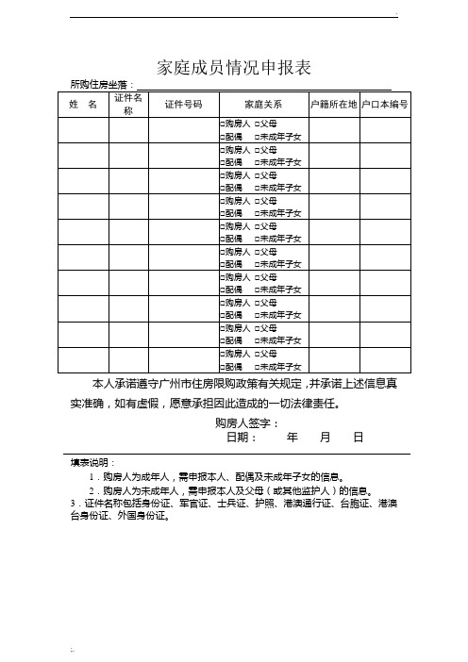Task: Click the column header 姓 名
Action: (x=83, y=104)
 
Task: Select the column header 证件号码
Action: (x=183, y=104)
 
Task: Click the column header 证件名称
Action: (x=128, y=104)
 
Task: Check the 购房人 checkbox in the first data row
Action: (x=222, y=124)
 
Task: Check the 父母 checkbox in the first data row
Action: (x=256, y=124)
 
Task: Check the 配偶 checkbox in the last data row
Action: (x=222, y=366)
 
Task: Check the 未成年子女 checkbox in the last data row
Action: (x=256, y=366)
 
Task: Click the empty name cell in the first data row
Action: (x=83, y=130)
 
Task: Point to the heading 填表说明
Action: (x=91, y=464)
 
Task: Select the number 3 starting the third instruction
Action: (x=73, y=504)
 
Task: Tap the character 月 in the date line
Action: (x=325, y=438)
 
